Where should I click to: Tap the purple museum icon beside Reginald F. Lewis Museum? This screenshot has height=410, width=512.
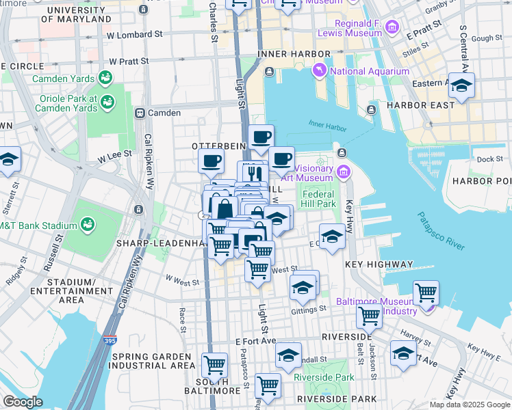(x=392, y=27)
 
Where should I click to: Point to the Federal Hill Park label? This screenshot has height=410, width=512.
(x=319, y=199)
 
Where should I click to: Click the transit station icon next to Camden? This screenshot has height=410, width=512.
(x=140, y=113)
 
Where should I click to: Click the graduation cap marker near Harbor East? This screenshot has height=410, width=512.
(x=461, y=86)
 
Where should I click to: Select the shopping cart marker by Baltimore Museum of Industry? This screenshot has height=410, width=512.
(x=426, y=293)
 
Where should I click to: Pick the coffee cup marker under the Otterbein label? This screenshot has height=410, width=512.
(x=212, y=162)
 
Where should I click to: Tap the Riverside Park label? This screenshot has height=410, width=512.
(x=324, y=377)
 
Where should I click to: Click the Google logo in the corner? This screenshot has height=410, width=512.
(x=23, y=402)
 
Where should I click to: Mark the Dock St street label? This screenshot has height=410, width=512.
(x=490, y=159)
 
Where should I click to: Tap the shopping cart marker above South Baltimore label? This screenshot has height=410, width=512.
(x=215, y=366)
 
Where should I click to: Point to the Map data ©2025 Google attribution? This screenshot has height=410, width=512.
(x=469, y=404)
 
